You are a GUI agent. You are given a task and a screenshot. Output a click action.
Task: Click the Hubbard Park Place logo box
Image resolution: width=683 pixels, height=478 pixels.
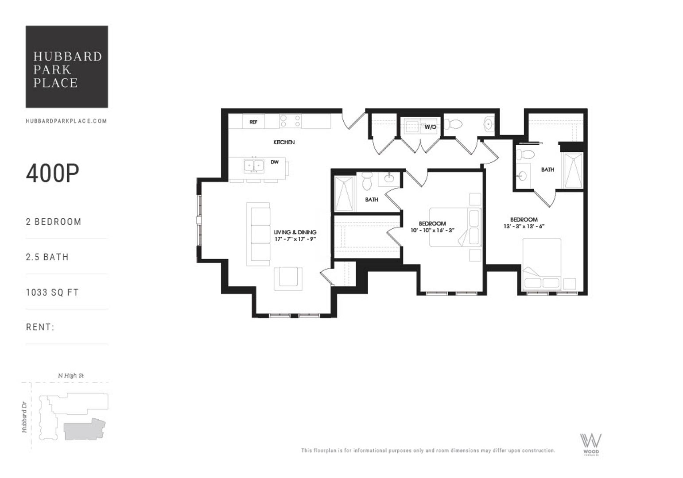[66, 66]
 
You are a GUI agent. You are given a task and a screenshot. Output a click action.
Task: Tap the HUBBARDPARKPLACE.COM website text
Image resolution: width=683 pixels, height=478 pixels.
[66, 121]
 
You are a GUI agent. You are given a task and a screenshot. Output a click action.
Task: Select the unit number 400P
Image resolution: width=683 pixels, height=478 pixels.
[52, 173]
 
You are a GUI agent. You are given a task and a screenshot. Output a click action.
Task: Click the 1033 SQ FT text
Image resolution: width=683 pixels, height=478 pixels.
[52, 293]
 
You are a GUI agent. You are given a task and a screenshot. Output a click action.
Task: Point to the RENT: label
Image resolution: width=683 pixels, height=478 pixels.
[40, 328]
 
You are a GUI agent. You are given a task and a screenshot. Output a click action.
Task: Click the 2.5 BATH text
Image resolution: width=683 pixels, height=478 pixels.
[47, 257]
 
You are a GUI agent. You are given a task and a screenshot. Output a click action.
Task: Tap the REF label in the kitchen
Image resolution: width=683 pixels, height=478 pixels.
[253, 122]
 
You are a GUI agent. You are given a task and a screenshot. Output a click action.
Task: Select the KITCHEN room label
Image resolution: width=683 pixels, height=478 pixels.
[284, 143]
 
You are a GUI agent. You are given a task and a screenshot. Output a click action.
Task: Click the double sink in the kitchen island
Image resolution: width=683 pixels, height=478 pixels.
[254, 166]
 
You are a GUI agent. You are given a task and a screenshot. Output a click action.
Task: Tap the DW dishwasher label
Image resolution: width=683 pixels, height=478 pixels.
[275, 162]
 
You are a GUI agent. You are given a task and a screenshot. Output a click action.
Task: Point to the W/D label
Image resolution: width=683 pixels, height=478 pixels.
[431, 127]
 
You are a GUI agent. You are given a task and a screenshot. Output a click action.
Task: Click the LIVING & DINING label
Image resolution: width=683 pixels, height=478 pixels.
[295, 232]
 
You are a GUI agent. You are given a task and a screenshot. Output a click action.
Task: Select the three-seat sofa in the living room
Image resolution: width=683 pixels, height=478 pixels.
[258, 234]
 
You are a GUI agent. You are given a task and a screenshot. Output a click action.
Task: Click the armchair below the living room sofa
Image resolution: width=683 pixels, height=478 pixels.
[288, 278]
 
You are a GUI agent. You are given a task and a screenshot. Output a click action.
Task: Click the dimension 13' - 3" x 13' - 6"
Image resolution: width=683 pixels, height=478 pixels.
[524, 226]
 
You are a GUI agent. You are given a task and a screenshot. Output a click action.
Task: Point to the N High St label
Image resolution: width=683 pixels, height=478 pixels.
[71, 376]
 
